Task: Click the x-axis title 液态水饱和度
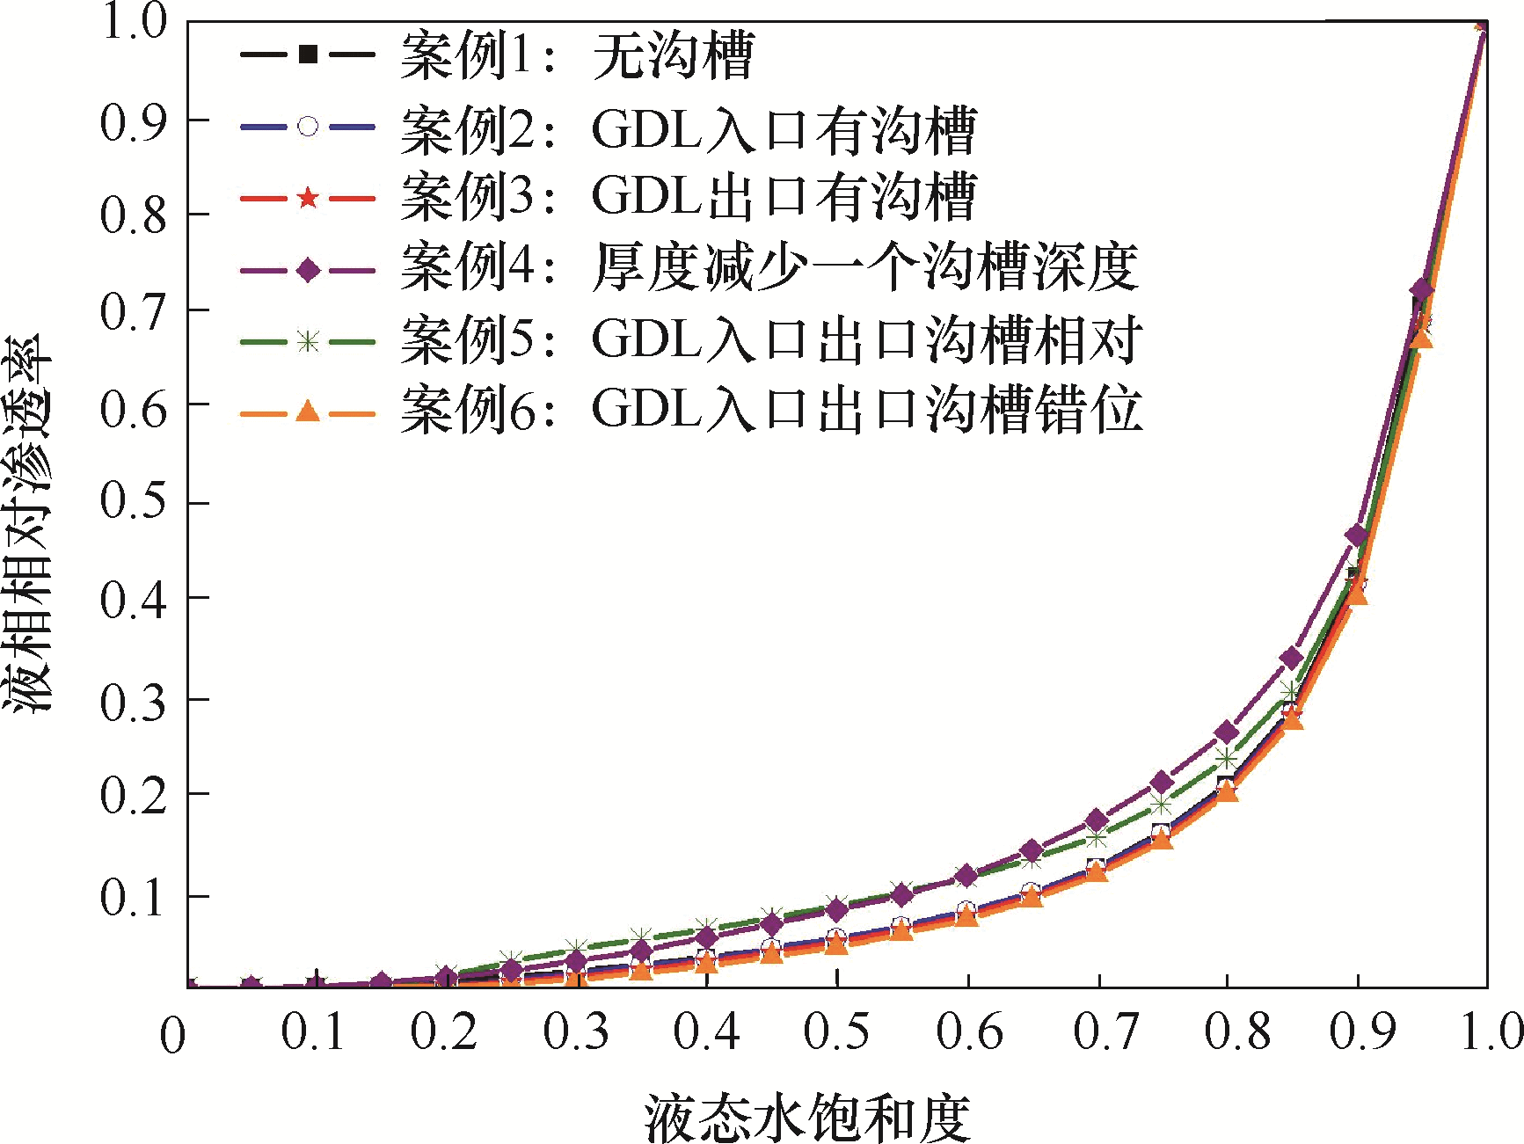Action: tap(807, 1117)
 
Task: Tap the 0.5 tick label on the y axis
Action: tap(133, 502)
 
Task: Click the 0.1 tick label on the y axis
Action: tap(133, 897)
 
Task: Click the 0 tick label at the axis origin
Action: tap(172, 1035)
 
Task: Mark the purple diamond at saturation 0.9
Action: tap(1356, 536)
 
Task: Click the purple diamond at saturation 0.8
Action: tap(1227, 732)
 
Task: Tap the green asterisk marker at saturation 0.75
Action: tap(1162, 805)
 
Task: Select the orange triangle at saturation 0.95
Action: tap(1421, 338)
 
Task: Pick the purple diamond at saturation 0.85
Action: tap(1292, 658)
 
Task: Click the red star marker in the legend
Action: tap(307, 198)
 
